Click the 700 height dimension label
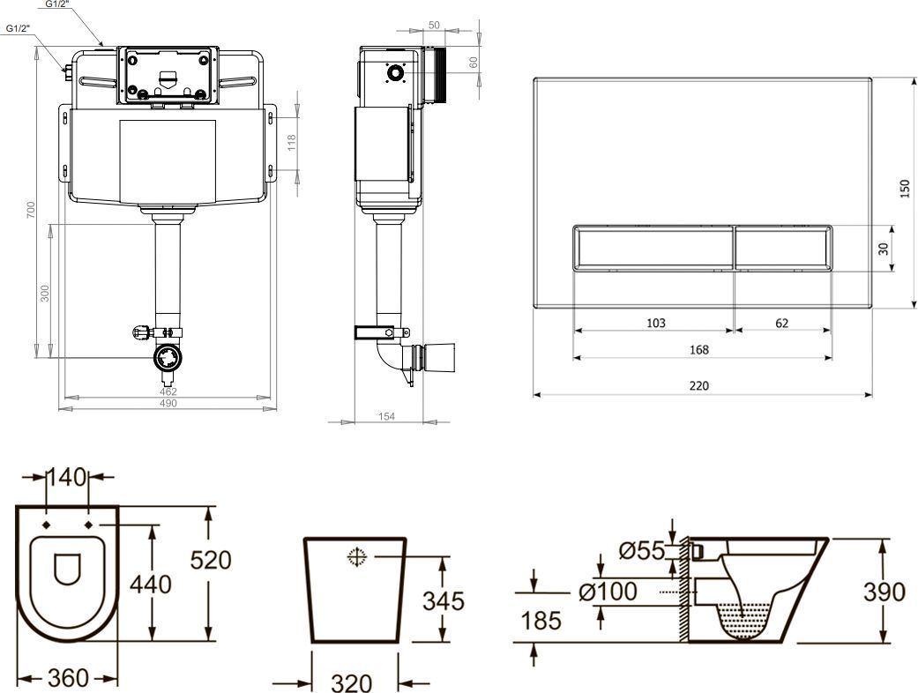tap(31, 210)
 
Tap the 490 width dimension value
tap(168, 403)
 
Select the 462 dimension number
tap(168, 391)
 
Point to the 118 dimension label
tap(292, 142)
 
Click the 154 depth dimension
tap(386, 416)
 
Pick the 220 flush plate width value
tap(699, 385)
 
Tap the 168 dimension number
tap(699, 350)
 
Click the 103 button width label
tap(656, 323)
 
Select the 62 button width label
tap(781, 323)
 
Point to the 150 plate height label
tap(905, 189)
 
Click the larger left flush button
tap(653, 248)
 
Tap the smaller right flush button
tap(783, 248)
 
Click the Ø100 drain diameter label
tap(608, 591)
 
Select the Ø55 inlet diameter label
tap(642, 550)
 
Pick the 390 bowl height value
tap(884, 592)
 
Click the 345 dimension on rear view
tap(444, 601)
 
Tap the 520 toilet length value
tap(211, 560)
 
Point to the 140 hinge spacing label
tap(66, 477)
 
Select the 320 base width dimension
tap(352, 682)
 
